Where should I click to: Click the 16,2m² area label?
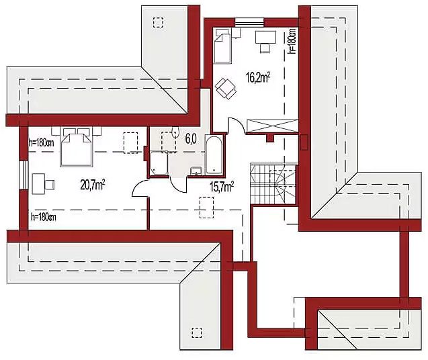coord(258,77)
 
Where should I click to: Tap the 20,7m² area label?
coord(93,185)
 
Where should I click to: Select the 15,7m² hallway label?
coord(221,187)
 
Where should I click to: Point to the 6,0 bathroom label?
coord(191,139)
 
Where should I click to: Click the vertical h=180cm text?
coord(292,41)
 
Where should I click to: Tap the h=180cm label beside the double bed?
coord(41,143)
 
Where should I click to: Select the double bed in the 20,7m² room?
coord(76,146)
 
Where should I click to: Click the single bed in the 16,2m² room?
coord(222,46)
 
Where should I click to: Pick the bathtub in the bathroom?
coord(214,154)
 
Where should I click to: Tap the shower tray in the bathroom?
coord(159,163)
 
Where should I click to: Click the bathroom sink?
coord(196,171)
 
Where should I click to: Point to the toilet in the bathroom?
coord(175,132)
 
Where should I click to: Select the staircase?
coord(273,183)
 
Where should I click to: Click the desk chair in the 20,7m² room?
coord(50,185)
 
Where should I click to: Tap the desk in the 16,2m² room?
coord(265,38)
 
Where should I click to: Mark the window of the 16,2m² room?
coord(249,22)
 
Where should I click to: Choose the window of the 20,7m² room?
coord(24,175)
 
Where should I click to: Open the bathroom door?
coord(179,185)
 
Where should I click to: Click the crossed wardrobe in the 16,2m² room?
coord(272,126)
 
